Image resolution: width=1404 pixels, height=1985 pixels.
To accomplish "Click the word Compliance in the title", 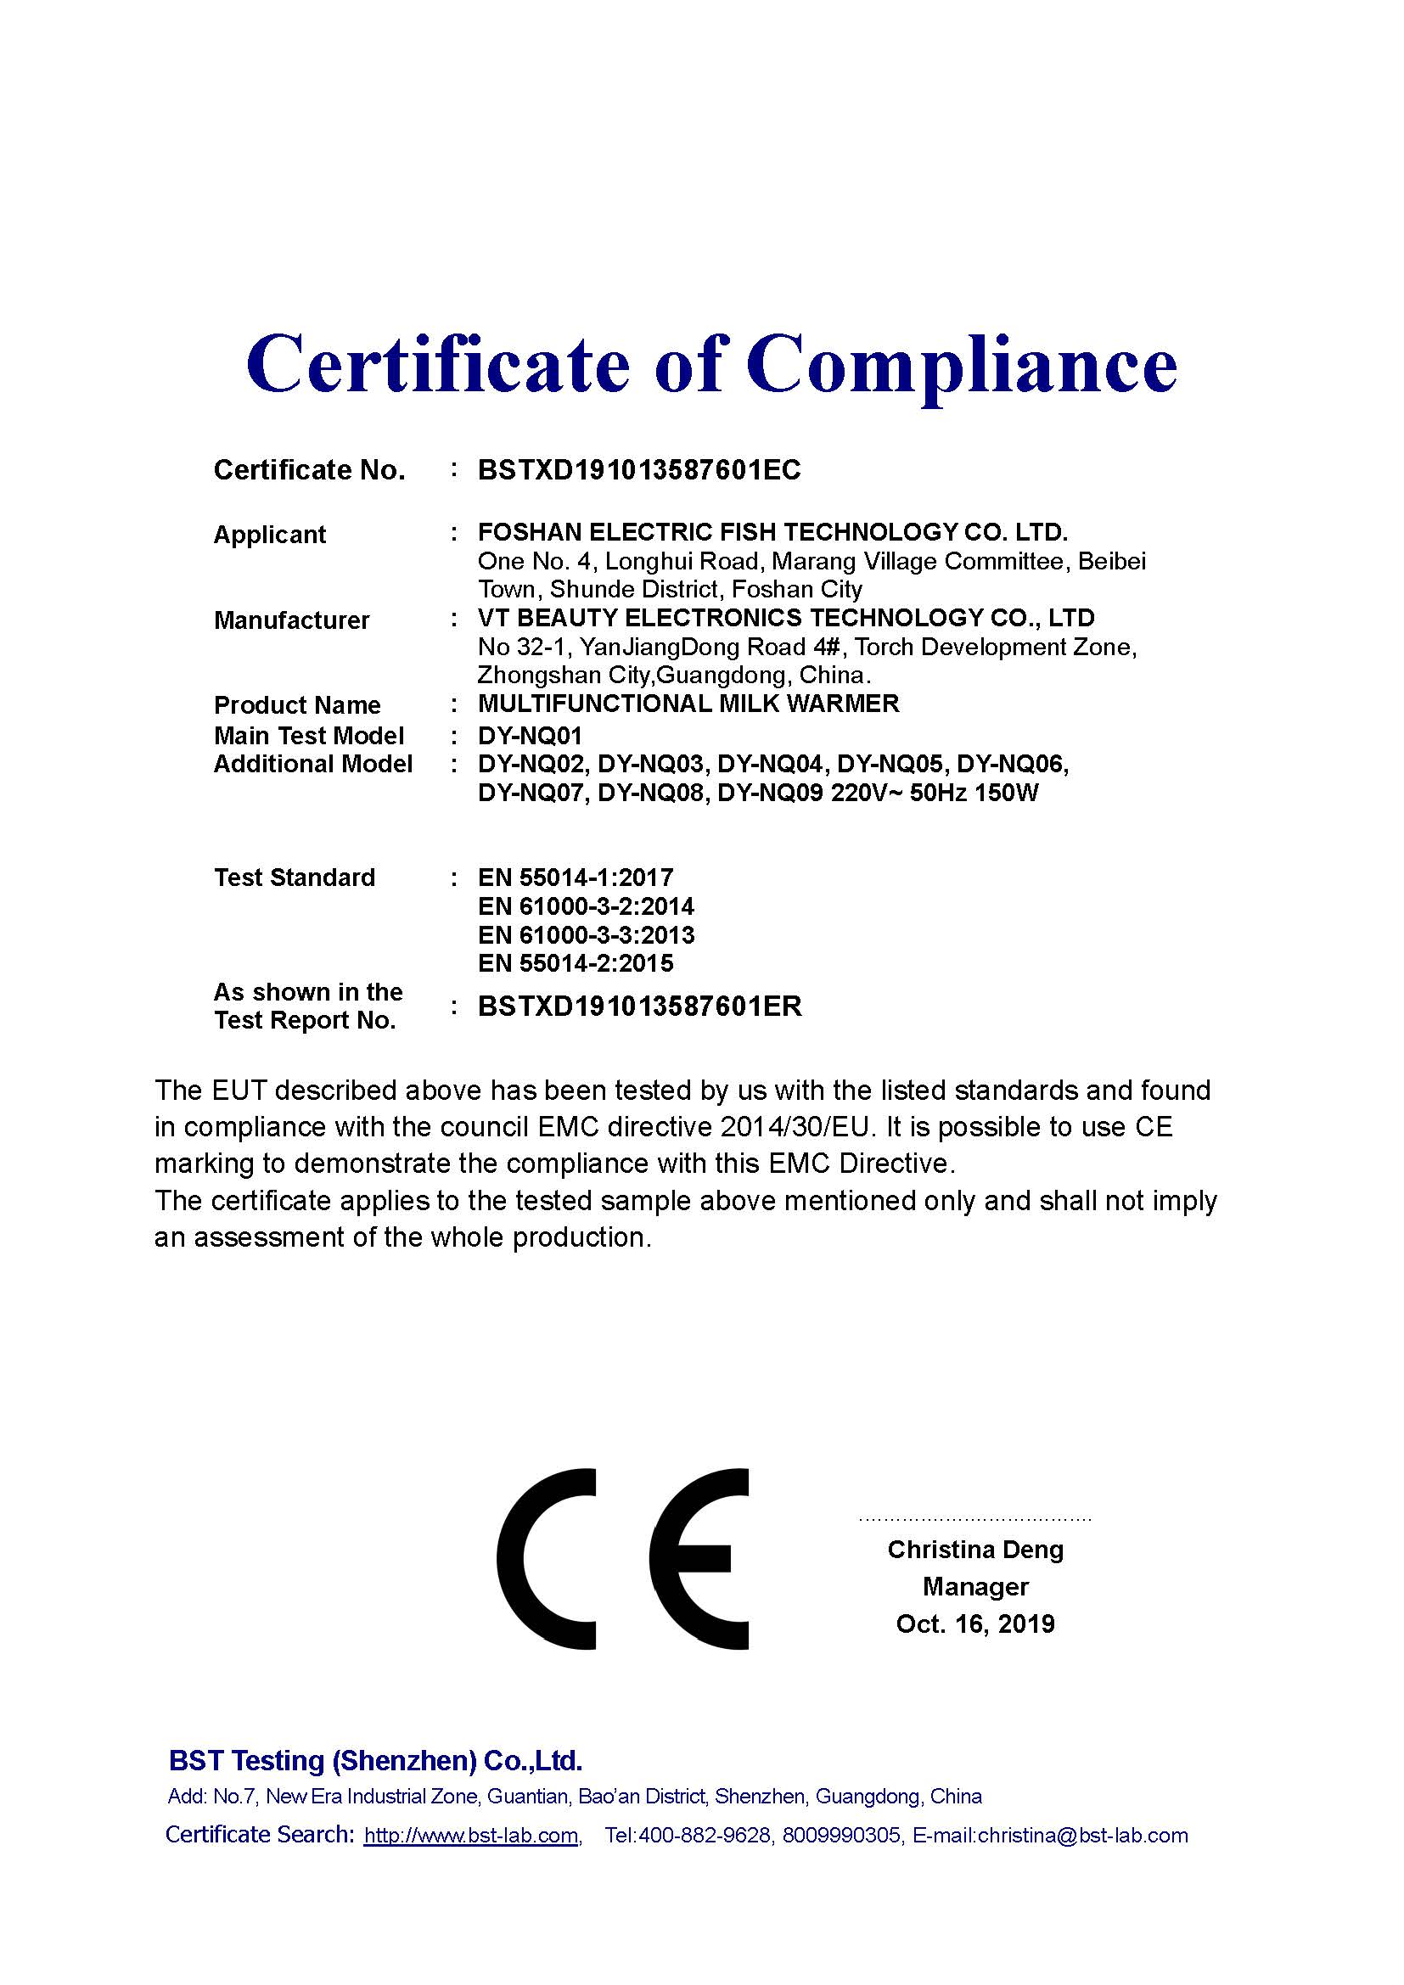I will [962, 363].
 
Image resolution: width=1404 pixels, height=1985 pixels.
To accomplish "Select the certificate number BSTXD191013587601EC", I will [639, 470].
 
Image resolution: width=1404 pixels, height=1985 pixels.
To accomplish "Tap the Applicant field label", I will [269, 535].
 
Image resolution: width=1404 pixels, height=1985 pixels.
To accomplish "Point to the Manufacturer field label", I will [291, 620].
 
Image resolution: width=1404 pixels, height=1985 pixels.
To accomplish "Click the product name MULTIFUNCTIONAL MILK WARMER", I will [688, 704].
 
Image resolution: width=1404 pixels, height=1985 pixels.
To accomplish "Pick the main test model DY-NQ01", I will [530, 736].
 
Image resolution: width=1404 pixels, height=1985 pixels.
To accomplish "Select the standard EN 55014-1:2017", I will [575, 878].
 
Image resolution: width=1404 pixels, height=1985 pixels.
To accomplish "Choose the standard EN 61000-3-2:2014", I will [586, 906].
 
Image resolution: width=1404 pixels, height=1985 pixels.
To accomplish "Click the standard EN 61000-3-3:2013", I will [586, 934].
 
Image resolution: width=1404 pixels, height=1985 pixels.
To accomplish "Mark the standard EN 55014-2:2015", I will [575, 963].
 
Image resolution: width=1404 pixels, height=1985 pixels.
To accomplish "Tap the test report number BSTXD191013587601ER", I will [640, 1007].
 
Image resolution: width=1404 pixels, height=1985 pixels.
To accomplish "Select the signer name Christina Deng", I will [975, 1550].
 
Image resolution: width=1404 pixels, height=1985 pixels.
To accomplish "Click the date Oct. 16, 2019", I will [975, 1623].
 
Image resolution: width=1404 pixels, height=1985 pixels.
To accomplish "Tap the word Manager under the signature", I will [975, 1586].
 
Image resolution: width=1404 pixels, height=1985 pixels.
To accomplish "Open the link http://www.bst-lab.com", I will [471, 1836].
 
